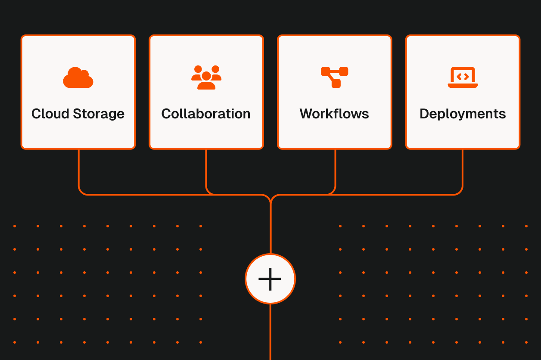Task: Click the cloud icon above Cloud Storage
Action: (x=78, y=78)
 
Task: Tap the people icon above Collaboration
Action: (x=206, y=78)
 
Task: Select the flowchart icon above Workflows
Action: (x=335, y=77)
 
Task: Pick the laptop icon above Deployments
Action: (x=463, y=78)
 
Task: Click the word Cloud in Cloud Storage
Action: (x=49, y=114)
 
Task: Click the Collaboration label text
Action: (x=206, y=114)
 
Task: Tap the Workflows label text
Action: (x=334, y=114)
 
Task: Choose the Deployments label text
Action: (x=463, y=114)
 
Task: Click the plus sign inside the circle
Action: (x=270, y=279)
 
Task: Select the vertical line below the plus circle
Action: (x=270, y=332)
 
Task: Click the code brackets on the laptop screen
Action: (x=463, y=77)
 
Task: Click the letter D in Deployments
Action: (x=424, y=114)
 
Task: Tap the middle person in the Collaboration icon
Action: (x=206, y=81)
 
